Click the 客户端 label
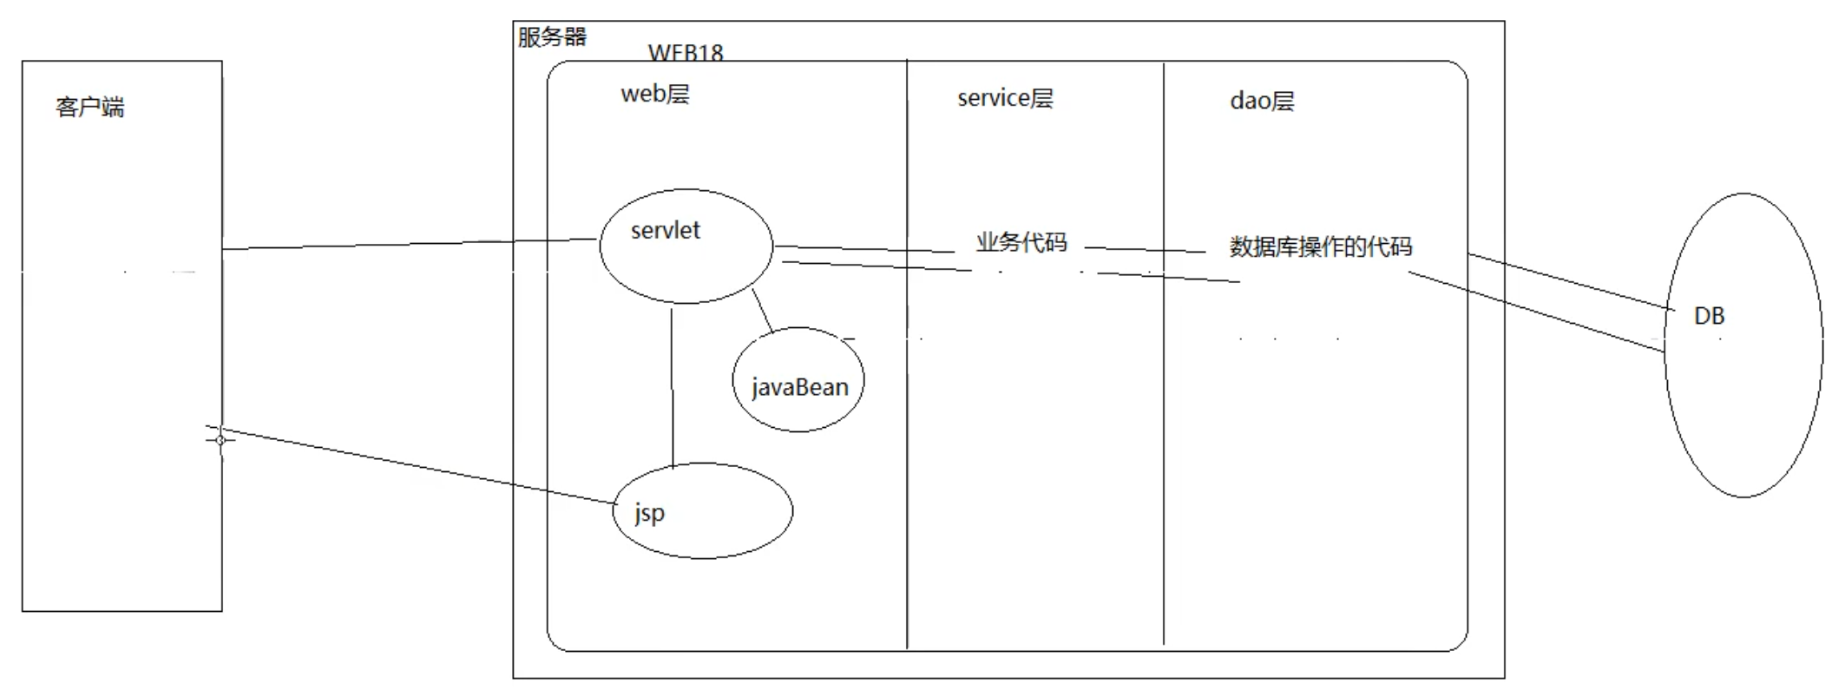pyautogui.click(x=90, y=108)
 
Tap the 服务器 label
pyautogui.click(x=552, y=37)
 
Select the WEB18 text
pyautogui.click(x=686, y=53)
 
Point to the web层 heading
pyautogui.click(x=655, y=94)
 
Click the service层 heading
pyautogui.click(x=1005, y=98)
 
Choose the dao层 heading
pyautogui.click(x=1262, y=102)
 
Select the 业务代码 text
pyautogui.click(x=1021, y=242)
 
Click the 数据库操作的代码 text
pyautogui.click(x=1320, y=247)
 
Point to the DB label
pyautogui.click(x=1709, y=316)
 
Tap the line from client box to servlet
pyautogui.click(x=408, y=244)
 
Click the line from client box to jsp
pyautogui.click(x=417, y=466)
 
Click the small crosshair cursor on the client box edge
pyautogui.click(x=220, y=440)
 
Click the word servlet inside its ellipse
pyautogui.click(x=665, y=230)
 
